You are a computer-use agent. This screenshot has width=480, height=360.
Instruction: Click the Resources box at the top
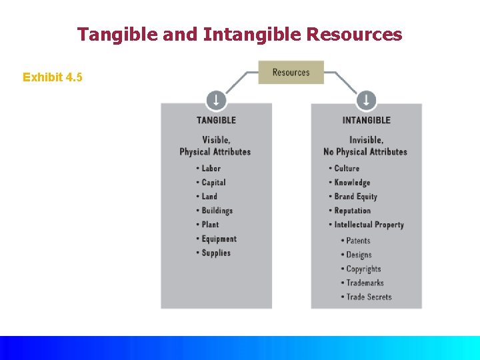tap(291, 72)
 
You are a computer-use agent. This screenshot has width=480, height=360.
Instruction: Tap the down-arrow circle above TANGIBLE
tap(215, 101)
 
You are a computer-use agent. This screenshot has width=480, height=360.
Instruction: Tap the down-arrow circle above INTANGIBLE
tap(366, 101)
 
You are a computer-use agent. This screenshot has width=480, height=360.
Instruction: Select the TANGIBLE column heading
tap(216, 120)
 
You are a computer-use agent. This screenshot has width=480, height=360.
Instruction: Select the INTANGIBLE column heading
tap(366, 120)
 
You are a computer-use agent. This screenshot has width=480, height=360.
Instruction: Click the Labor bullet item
tap(211, 168)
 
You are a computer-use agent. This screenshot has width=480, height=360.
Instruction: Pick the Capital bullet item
tap(213, 182)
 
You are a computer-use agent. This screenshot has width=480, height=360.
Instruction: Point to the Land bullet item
tap(209, 196)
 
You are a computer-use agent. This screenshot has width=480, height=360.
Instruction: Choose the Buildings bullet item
tap(217, 210)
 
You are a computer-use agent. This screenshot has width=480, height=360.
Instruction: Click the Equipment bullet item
tap(219, 239)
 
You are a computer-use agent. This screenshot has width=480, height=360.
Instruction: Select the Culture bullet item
tap(347, 168)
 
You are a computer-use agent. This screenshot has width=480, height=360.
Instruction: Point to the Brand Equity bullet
tap(355, 196)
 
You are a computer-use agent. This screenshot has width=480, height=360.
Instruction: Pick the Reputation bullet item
tap(352, 210)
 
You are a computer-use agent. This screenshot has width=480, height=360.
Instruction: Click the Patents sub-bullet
tap(358, 241)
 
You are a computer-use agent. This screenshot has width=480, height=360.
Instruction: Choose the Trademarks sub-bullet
tap(365, 283)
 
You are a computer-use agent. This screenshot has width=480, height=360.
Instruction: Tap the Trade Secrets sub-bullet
tap(369, 297)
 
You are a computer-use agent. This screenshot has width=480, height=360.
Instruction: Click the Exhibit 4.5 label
tap(53, 77)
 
